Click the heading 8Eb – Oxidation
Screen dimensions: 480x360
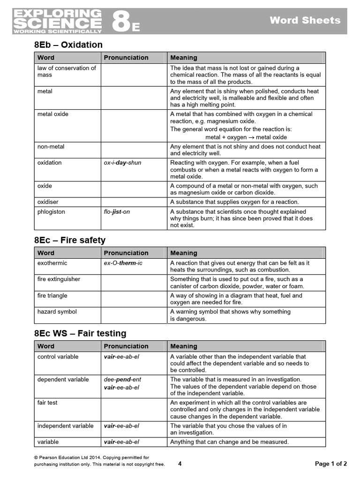[x=68, y=45]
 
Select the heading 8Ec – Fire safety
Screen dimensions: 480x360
[x=70, y=240]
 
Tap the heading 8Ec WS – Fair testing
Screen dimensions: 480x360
[x=80, y=334]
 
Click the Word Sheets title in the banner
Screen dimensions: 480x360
[x=305, y=20]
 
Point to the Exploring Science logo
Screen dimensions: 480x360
[x=57, y=21]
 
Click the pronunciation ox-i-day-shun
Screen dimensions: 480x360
[x=122, y=163]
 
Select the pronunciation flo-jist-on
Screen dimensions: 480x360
[x=117, y=211]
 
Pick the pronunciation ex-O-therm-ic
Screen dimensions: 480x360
[x=123, y=263]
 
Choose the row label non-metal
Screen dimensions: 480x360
[x=51, y=147]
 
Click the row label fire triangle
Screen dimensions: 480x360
[x=52, y=296]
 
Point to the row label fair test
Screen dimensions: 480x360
[x=47, y=403]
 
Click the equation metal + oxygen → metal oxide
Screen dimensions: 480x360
[x=246, y=137]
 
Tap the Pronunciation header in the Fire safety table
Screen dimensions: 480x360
[x=126, y=253]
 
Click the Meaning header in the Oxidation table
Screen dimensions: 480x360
[x=183, y=58]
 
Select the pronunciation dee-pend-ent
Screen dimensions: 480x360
[x=122, y=379]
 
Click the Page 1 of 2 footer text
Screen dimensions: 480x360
[x=330, y=464]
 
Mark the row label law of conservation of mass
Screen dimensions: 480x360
[x=66, y=71]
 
